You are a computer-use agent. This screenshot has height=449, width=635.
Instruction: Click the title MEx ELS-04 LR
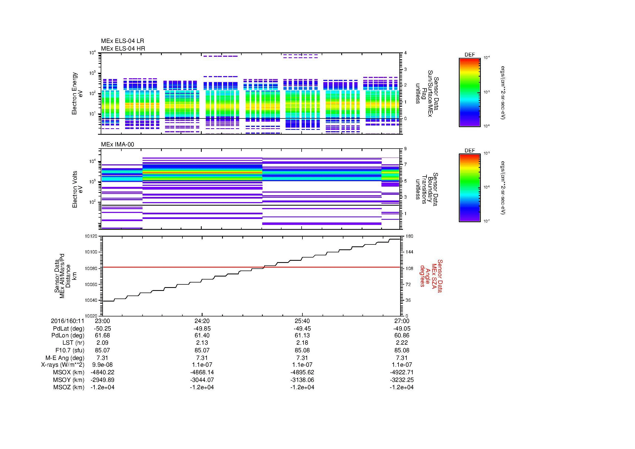(x=122, y=41)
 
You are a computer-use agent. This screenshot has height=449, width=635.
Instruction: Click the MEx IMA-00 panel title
(x=118, y=145)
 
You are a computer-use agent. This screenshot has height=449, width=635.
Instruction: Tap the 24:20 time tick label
(x=202, y=321)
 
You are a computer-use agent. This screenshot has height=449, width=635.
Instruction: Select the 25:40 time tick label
(x=302, y=321)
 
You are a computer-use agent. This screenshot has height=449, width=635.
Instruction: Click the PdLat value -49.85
(x=202, y=329)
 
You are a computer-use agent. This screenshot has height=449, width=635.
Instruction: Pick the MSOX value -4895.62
(x=302, y=372)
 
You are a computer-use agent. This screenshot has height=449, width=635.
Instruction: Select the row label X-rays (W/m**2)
(x=62, y=365)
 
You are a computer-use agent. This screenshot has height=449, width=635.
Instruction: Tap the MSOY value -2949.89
(x=102, y=380)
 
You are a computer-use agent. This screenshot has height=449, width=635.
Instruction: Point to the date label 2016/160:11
(x=68, y=321)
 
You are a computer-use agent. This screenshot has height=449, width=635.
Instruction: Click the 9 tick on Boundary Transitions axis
(x=405, y=149)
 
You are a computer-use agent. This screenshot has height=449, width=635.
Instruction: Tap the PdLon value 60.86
(x=402, y=335)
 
